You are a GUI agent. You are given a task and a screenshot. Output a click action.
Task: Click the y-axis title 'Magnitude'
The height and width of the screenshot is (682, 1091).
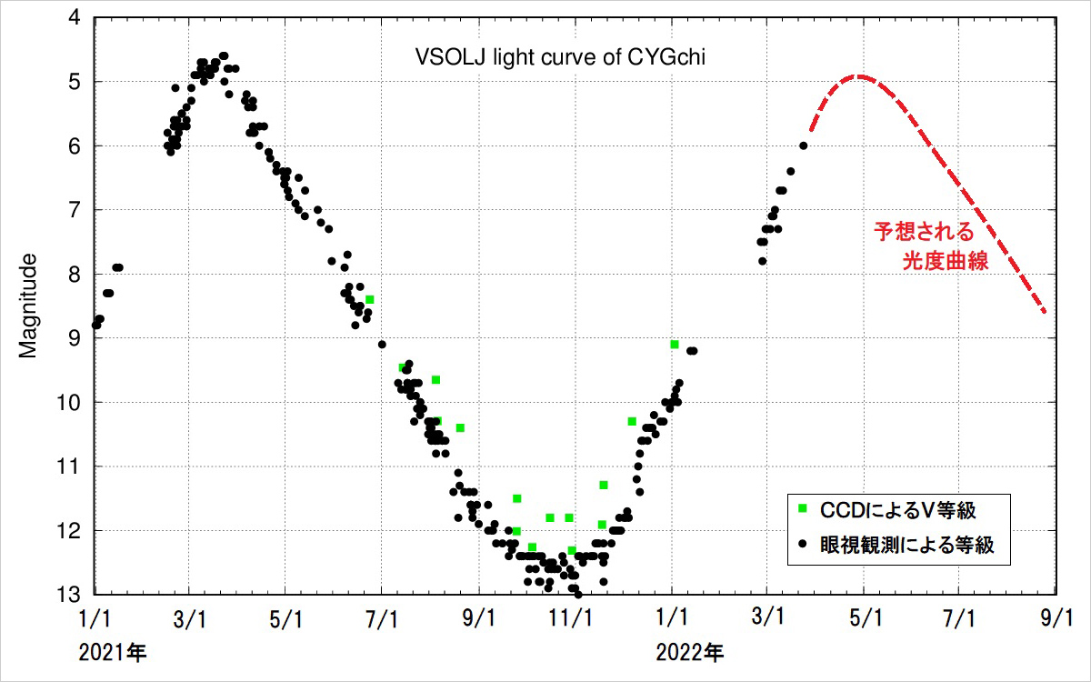tap(29, 306)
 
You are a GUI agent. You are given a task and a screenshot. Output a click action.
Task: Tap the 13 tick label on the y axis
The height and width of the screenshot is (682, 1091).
tap(68, 595)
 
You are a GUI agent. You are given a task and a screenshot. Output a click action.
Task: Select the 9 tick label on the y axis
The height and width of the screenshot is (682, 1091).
tap(73, 338)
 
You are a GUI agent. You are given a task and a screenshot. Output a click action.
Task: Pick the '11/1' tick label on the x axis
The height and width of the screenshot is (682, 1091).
tap(575, 618)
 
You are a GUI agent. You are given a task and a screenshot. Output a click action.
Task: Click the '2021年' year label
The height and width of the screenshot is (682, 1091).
tap(112, 652)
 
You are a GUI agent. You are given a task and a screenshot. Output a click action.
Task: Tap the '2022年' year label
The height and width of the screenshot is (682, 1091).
tap(691, 652)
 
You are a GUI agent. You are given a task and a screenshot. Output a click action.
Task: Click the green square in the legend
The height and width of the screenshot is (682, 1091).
tap(803, 507)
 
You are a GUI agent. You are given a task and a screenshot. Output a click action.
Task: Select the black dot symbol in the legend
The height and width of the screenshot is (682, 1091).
tap(803, 545)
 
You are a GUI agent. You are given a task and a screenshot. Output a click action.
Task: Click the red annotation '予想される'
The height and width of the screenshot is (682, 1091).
tap(923, 231)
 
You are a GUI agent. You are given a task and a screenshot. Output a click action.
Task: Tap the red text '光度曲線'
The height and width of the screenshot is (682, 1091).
tap(946, 261)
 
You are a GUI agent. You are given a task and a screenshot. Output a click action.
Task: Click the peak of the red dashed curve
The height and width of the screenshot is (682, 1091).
tap(858, 77)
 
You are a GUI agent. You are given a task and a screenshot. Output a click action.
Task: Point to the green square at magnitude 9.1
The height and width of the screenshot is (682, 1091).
tap(674, 344)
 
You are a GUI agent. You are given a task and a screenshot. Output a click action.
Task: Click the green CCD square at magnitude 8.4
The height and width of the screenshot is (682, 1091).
tap(370, 299)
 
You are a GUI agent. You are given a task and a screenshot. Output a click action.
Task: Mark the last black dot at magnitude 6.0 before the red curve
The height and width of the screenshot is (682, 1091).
tap(803, 145)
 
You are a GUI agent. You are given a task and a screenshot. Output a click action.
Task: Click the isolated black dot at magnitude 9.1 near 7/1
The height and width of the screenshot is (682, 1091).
tap(382, 344)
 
